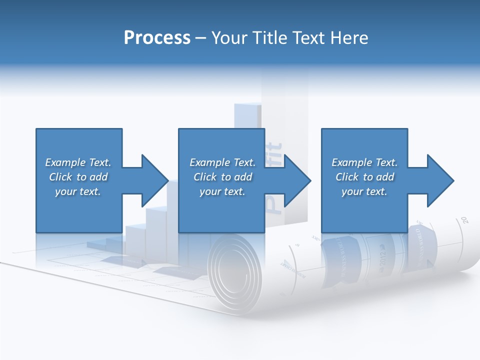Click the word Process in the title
tap(157, 38)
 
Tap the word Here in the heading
tap(349, 38)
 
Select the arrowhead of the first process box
tap(155, 180)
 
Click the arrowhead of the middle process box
tap(297, 180)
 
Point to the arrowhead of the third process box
tap(441, 180)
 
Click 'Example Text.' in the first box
tap(78, 162)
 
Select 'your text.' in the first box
tap(78, 191)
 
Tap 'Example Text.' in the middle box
tap(222, 162)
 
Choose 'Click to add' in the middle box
tap(222, 177)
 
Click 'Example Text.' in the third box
tap(364, 162)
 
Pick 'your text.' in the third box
tap(364, 191)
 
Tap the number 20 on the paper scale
tap(464, 219)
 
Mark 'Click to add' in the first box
tap(78, 177)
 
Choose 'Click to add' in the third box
tap(364, 177)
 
